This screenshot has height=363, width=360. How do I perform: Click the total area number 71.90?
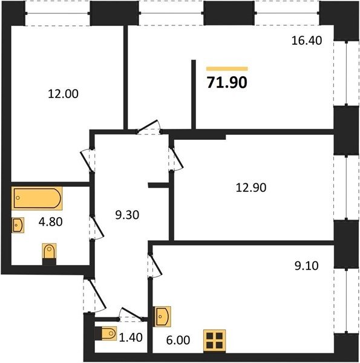[x=227, y=82]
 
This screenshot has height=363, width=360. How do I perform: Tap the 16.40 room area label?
[x=307, y=41]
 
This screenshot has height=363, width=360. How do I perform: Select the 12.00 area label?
[x=63, y=94]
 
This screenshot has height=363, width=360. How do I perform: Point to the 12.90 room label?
[x=251, y=188]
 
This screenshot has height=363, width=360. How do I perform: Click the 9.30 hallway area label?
[x=127, y=215]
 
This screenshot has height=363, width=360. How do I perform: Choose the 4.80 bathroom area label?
[x=50, y=222]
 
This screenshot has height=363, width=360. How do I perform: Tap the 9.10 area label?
[x=307, y=266]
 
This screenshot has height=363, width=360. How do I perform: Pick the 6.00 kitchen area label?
[x=178, y=340]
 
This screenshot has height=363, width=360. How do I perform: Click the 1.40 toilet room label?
[x=131, y=338]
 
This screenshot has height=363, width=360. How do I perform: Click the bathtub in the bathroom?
[x=37, y=198]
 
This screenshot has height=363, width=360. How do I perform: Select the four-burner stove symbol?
[x=214, y=340]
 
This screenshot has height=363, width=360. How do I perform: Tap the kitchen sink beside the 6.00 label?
[x=162, y=316]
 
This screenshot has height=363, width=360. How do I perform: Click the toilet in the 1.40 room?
[x=106, y=333]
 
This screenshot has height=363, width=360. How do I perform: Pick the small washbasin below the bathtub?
[x=18, y=225]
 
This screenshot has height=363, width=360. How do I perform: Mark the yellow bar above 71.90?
[x=227, y=69]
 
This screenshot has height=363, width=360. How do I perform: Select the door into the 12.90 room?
[x=177, y=159]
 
